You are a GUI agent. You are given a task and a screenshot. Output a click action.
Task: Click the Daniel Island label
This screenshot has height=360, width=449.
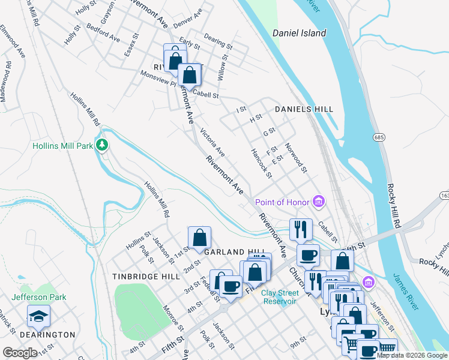click(299, 33)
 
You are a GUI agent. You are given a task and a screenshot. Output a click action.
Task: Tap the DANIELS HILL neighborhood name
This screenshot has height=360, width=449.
click(304, 109)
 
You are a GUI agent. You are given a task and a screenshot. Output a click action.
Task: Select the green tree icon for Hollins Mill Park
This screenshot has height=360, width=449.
click(103, 145)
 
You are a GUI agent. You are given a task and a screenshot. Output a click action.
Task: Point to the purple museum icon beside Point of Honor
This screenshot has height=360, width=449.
click(319, 202)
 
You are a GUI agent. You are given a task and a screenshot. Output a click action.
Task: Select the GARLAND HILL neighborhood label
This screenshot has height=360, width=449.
click(234, 252)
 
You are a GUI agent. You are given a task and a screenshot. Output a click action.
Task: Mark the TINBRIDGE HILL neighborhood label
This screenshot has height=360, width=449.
click(146, 277)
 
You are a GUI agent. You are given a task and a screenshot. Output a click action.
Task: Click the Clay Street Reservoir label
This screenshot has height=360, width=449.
click(279, 297)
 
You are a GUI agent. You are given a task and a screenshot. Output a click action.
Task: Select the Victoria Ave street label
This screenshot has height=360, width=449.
click(212, 142)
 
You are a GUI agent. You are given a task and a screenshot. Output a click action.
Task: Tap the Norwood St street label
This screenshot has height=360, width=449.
click(296, 158)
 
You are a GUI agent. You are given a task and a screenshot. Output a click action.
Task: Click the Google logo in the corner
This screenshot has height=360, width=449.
click(20, 353)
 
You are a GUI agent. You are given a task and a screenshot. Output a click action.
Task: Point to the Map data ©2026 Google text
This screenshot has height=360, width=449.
click(412, 355)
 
